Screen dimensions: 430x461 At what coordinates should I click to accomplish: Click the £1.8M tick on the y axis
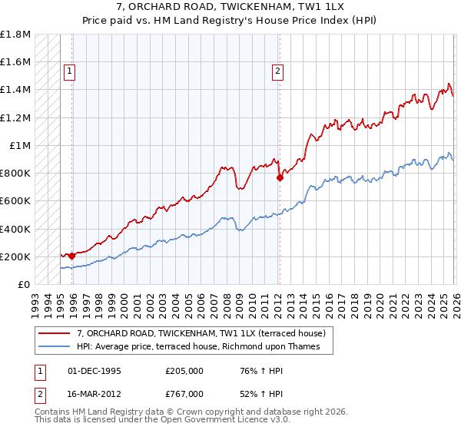click(16, 35)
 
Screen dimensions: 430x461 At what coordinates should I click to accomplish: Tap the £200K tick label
click(16, 256)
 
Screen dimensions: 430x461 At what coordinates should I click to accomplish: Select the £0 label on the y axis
click(25, 284)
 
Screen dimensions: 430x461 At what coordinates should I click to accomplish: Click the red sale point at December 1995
click(71, 256)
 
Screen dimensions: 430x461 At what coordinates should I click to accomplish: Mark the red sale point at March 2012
click(280, 177)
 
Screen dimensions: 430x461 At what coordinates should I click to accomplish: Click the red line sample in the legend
click(55, 333)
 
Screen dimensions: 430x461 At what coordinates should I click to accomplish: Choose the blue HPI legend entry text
click(204, 347)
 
